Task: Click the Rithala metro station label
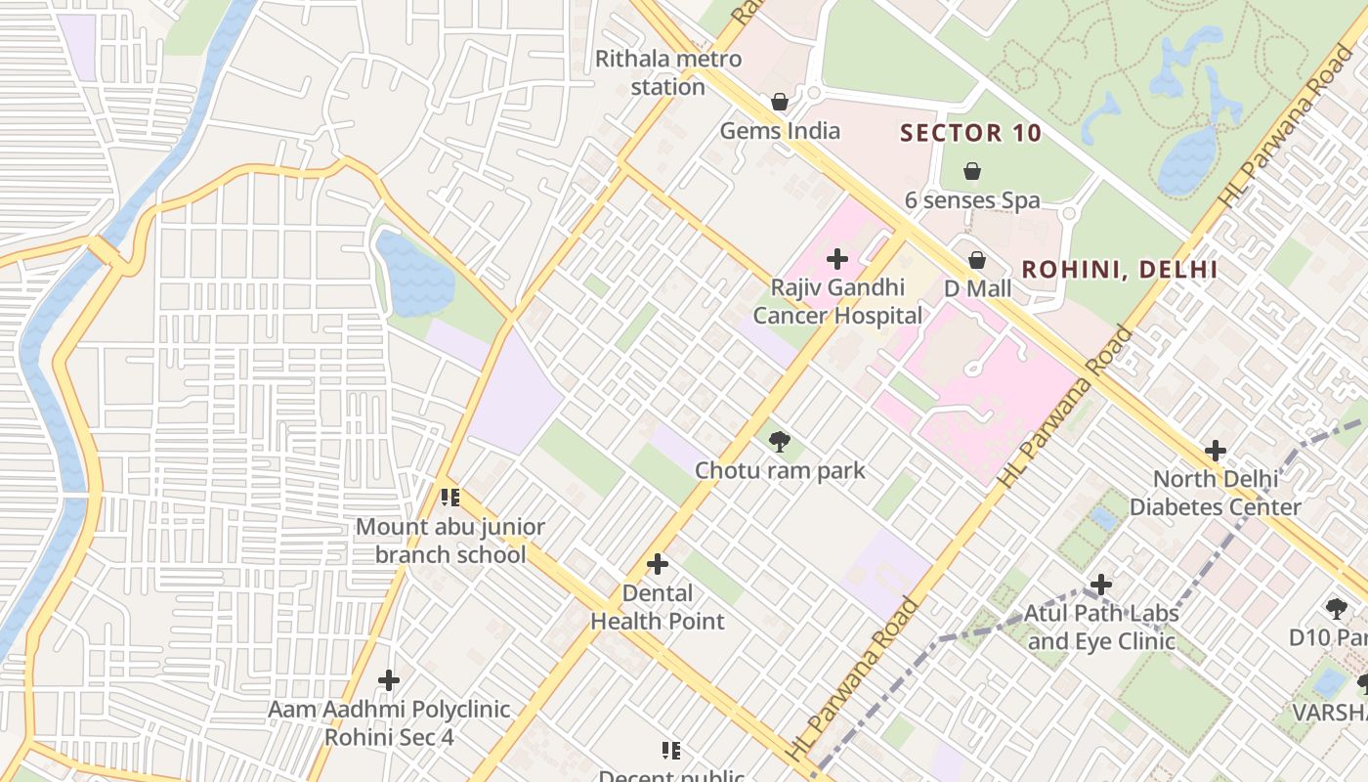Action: point(668,72)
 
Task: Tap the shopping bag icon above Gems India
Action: point(780,102)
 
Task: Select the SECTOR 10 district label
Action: point(970,133)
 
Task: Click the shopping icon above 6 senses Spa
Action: point(972,172)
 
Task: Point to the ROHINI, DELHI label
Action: point(1119,270)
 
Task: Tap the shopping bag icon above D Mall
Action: point(977,260)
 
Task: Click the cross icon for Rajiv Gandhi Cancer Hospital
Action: point(837,259)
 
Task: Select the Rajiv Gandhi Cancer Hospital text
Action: point(837,301)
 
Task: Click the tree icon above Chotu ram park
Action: point(779,442)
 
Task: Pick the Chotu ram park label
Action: point(780,470)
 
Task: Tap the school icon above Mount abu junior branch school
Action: point(450,498)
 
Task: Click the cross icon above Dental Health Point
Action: point(658,564)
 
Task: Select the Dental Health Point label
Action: point(658,607)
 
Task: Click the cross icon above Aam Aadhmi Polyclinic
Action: point(389,679)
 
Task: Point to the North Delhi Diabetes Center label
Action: point(1216,493)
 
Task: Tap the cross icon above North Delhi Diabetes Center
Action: point(1216,451)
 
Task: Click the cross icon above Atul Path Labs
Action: point(1101,585)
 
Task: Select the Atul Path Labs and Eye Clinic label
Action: point(1101,628)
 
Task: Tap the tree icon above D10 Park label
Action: point(1336,609)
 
